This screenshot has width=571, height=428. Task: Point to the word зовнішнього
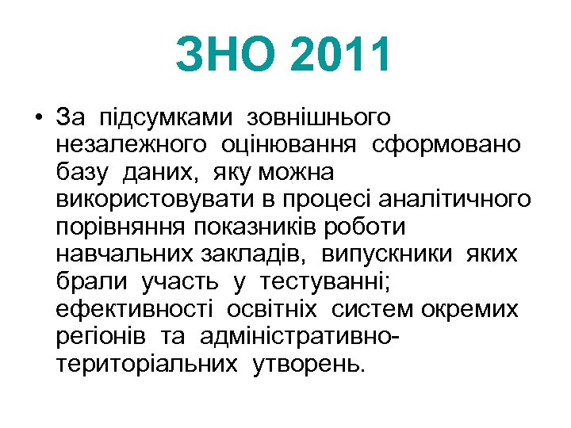point(319,118)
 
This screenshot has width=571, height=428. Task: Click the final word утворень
point(310,364)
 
